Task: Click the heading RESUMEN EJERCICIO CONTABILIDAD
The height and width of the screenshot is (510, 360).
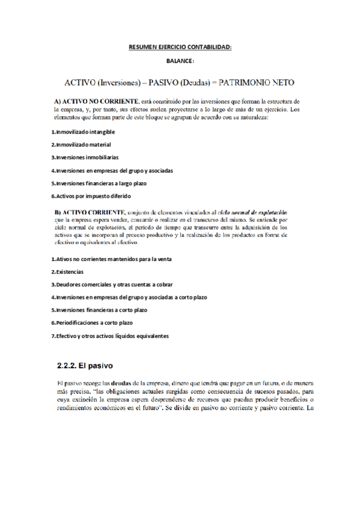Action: [180, 46]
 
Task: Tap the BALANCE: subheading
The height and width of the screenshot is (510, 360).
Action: [180, 61]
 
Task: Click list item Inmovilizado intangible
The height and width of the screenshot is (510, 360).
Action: [83, 131]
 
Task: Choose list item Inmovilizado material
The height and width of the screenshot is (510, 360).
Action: [81, 144]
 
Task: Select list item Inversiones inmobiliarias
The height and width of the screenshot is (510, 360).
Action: [84, 157]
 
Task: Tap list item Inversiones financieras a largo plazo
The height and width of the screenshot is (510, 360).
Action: [99, 183]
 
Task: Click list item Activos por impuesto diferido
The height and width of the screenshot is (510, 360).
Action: [91, 196]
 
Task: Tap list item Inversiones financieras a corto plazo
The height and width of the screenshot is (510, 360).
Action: [99, 310]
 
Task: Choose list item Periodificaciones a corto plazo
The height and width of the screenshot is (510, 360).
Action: [92, 322]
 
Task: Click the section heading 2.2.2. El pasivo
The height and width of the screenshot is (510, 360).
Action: [85, 365]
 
